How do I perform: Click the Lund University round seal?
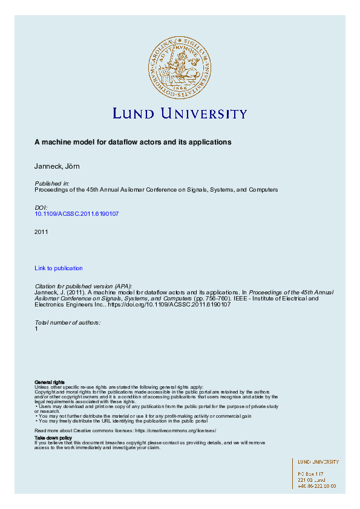tap(179, 66)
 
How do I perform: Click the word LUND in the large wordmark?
tap(135, 114)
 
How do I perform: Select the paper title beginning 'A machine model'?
tap(133, 142)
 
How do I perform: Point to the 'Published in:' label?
tap(52, 183)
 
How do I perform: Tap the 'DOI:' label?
tap(42, 207)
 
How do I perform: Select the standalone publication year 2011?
tap(41, 232)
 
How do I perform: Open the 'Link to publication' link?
tap(59, 268)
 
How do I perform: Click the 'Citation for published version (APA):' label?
tap(83, 285)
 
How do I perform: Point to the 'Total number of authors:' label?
tap(68, 322)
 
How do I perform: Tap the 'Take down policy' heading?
tap(53, 437)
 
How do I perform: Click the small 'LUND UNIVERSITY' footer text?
tap(318, 462)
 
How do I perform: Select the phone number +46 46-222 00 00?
tap(317, 485)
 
